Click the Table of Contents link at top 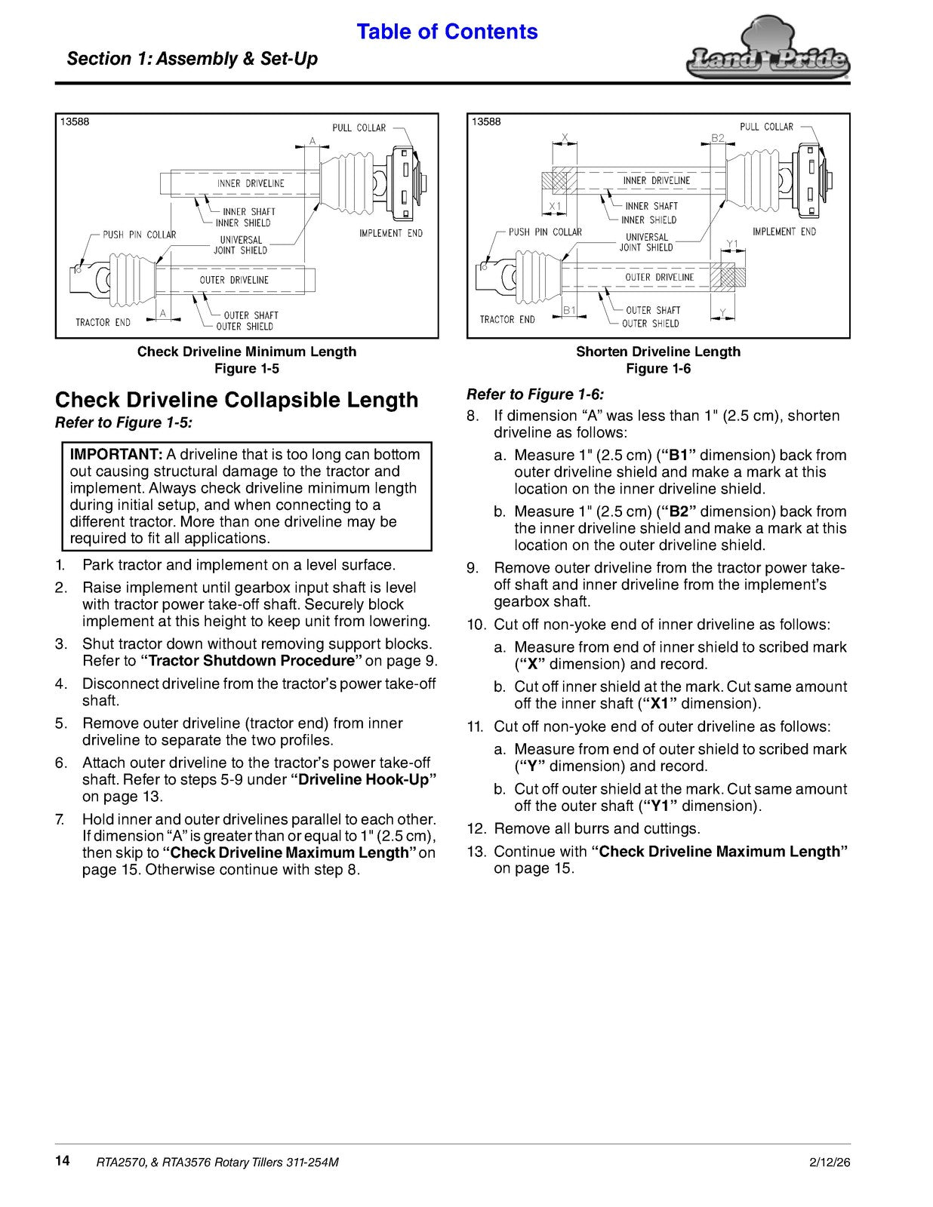click(447, 32)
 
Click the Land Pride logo click(768, 52)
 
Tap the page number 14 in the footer click(62, 1160)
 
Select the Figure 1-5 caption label click(247, 369)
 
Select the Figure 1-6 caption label click(658, 369)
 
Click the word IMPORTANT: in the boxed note click(116, 454)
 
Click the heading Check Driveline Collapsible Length click(237, 400)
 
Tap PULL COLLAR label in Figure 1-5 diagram click(359, 127)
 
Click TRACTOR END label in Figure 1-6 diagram click(507, 319)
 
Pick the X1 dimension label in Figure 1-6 click(555, 207)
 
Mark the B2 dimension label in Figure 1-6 click(718, 138)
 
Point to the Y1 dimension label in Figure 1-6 click(732, 244)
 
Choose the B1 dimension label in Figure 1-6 click(569, 311)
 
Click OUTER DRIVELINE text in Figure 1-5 click(234, 280)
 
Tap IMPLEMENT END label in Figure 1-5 click(391, 233)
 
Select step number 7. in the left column click(60, 819)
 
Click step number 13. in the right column click(477, 852)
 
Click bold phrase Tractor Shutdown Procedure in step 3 click(251, 661)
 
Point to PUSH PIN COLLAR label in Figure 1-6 click(545, 232)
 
